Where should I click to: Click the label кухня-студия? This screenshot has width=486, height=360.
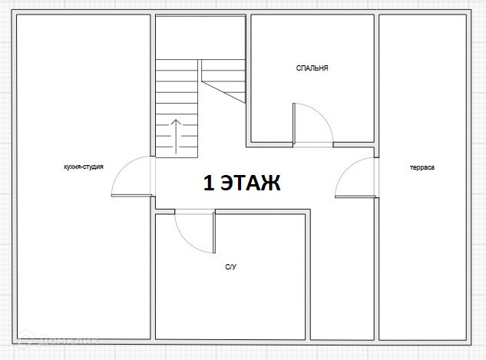tap(84, 167)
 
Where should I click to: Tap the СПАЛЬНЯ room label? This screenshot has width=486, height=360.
tap(312, 68)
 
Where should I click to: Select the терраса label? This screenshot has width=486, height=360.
tap(422, 167)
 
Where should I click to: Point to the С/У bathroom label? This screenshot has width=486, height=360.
tap(230, 267)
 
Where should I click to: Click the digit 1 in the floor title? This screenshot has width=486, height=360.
tap(209, 183)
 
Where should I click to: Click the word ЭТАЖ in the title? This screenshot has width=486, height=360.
tap(250, 183)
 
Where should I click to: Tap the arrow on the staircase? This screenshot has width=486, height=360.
tap(176, 137)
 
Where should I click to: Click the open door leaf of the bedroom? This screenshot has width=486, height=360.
tap(294, 124)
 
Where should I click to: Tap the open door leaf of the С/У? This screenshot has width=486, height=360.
tap(214, 233)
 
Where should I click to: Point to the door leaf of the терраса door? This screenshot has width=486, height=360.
tap(355, 197)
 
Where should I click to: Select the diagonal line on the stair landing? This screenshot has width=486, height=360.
tap(223, 92)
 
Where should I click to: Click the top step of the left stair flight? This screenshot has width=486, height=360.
tap(177, 65)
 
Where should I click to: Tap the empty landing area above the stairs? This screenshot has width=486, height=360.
tap(200, 38)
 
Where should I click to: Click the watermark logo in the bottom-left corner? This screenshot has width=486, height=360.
tap(26, 339)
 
